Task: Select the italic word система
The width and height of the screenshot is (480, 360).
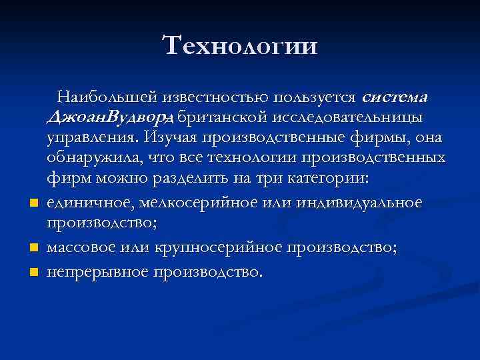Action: tap(393, 97)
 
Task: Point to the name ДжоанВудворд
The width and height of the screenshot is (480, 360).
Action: tap(111, 118)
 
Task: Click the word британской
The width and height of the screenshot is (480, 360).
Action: tap(225, 118)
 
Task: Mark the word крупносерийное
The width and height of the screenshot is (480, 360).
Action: tap(215, 247)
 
